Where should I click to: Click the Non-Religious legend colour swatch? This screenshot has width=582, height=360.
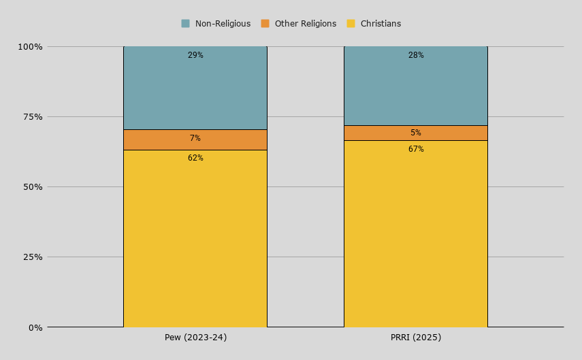(x=185, y=23)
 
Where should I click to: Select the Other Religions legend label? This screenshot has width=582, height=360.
(x=306, y=24)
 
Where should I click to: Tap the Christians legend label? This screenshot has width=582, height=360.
(x=381, y=24)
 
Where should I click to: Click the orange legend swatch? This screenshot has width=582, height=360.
(x=265, y=23)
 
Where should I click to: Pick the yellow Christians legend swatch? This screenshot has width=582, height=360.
(x=351, y=23)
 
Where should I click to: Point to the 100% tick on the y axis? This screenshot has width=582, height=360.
(x=31, y=47)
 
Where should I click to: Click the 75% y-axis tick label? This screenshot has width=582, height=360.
(x=33, y=117)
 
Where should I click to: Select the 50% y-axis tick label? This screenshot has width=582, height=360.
(x=33, y=187)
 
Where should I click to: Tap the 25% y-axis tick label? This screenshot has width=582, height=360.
(x=33, y=257)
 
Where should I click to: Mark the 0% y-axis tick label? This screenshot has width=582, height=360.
(x=35, y=328)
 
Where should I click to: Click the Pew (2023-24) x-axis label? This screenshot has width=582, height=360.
(x=195, y=338)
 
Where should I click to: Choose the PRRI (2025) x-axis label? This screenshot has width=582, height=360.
(x=416, y=338)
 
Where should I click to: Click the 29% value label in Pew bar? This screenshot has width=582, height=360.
(x=195, y=55)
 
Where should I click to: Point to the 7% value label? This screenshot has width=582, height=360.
(x=195, y=138)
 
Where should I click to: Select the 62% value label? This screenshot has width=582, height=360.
(x=195, y=158)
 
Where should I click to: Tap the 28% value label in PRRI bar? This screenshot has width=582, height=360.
(x=416, y=55)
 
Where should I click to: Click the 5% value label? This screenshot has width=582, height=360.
(x=416, y=133)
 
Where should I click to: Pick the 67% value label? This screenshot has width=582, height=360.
(x=416, y=149)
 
